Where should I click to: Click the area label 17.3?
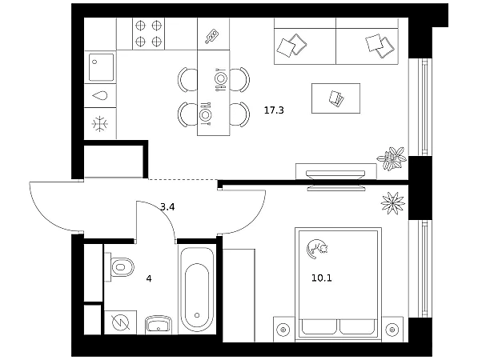274,110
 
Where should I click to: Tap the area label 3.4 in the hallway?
167,207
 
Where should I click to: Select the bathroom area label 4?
149,278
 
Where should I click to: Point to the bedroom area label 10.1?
321,278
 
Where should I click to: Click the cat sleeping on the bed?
316,249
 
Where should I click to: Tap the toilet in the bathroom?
119,267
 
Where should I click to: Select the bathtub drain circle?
197,315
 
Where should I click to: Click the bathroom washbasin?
159,325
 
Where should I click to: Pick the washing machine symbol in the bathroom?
120,322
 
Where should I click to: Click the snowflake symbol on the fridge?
100,124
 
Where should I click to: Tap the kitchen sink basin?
101,67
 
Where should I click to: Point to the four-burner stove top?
148,33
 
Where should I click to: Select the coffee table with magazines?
335,98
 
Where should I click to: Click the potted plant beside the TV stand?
392,158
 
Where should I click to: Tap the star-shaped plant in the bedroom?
392,203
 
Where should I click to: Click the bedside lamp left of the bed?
283,330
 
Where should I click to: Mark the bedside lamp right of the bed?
392,330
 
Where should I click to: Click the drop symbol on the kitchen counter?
100,96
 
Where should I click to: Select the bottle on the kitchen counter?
212,36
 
